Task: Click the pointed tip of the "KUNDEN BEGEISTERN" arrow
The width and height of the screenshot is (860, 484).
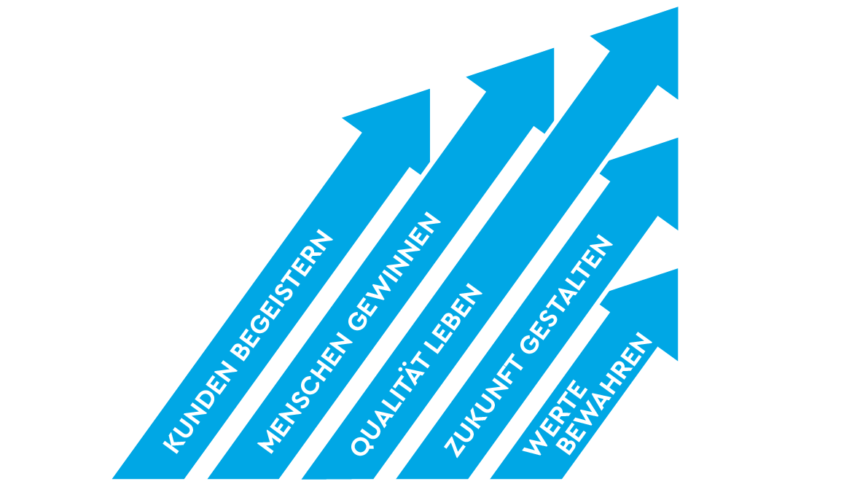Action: point(429,89)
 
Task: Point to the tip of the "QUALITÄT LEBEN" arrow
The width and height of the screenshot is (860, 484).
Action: point(678,7)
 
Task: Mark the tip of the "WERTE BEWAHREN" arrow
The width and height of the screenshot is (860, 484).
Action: point(678,269)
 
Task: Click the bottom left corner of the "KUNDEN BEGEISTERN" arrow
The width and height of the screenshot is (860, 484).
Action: point(112,479)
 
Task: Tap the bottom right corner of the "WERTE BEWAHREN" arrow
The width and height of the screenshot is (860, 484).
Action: point(562,479)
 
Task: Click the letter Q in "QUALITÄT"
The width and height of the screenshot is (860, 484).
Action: point(361,447)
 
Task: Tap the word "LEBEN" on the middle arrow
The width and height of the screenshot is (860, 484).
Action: point(453,319)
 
